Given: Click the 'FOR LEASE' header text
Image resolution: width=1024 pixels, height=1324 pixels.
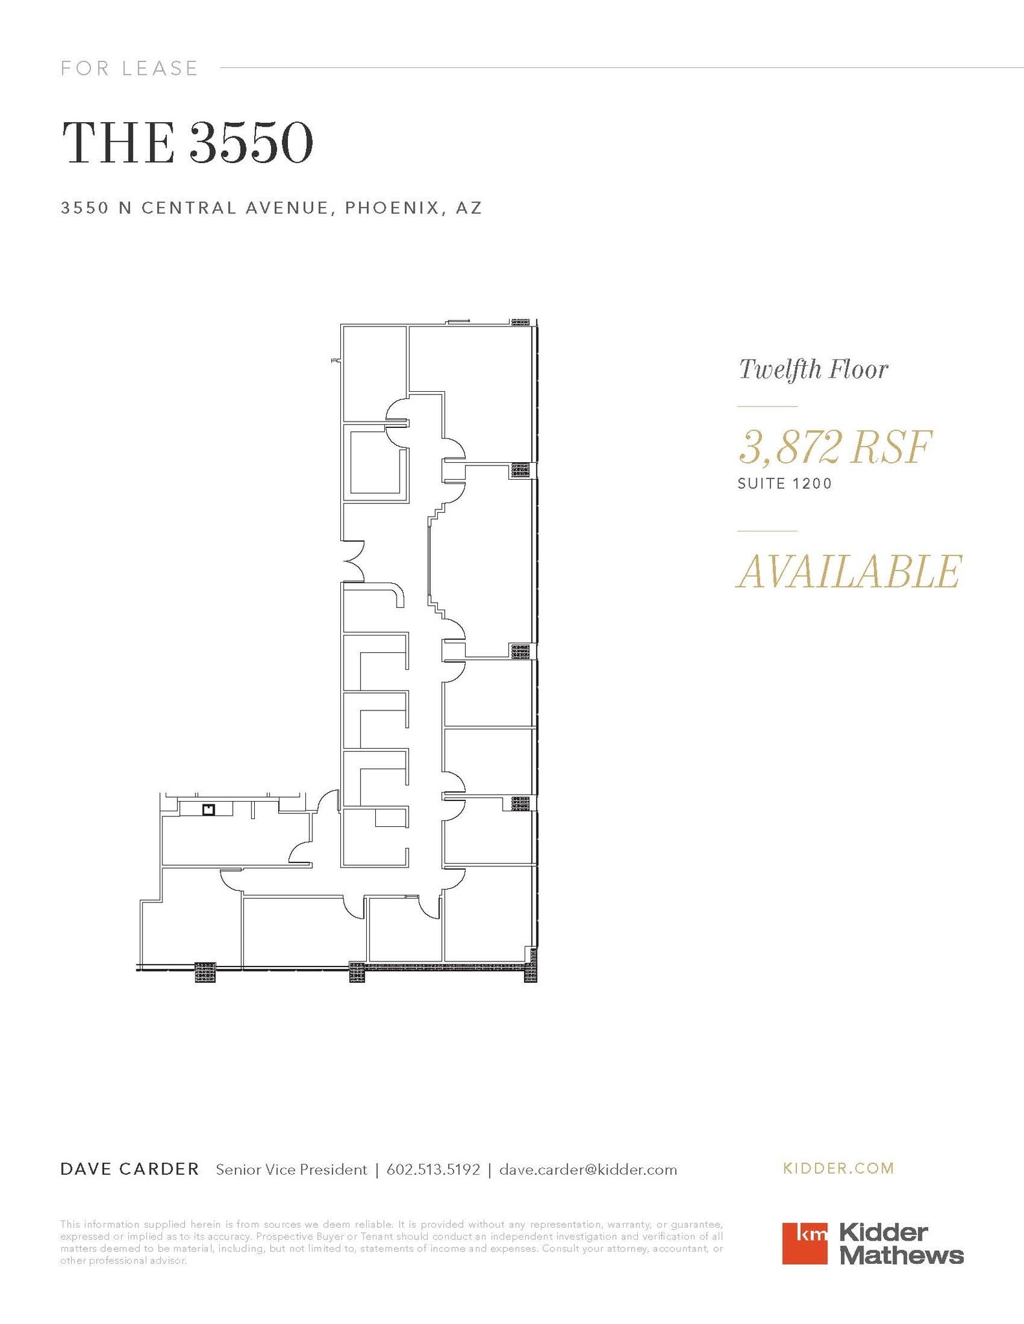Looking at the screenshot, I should [x=129, y=68].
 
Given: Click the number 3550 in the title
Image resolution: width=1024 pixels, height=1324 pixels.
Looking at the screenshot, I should [x=251, y=142].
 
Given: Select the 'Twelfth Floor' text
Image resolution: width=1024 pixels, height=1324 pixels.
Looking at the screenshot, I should [x=813, y=370].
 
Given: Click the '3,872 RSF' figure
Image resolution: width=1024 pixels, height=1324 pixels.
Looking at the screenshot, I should [x=835, y=447].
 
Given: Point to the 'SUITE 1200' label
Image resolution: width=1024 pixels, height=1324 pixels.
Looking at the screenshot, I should [x=785, y=484].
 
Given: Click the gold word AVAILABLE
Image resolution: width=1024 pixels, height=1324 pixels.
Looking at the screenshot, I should [x=849, y=571].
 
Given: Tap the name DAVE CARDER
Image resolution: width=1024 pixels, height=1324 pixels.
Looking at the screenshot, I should [x=129, y=1169].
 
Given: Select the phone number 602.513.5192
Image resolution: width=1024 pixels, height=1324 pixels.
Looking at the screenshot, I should [x=433, y=1169].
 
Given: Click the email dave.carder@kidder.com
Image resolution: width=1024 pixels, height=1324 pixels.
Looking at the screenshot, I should [x=588, y=1169].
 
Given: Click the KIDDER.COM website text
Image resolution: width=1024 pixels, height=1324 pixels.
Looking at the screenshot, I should [x=838, y=1168].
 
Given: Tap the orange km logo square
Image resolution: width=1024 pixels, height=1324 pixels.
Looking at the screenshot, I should [x=804, y=1243].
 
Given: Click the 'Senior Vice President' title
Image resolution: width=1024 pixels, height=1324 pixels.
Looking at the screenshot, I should [x=291, y=1169].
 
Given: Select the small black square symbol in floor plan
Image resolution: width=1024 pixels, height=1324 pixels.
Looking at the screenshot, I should [x=208, y=809].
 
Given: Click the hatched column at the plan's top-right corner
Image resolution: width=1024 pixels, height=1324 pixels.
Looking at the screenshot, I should [x=520, y=322].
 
